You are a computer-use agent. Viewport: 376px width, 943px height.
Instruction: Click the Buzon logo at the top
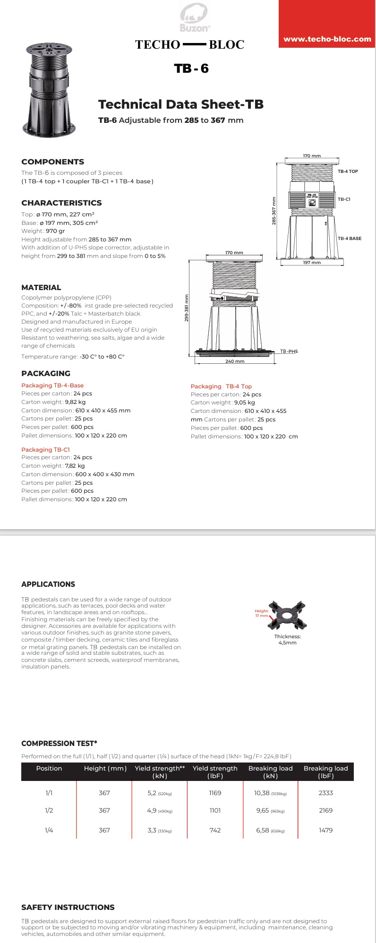[194, 17]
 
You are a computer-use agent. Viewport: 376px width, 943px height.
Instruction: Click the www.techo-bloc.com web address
[327, 39]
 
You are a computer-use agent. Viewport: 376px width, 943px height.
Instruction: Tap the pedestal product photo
[49, 90]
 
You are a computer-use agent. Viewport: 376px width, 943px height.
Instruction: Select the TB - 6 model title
[191, 69]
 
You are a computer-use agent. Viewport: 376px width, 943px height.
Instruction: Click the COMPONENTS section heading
[52, 162]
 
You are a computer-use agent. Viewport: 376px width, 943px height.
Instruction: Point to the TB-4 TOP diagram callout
[348, 171]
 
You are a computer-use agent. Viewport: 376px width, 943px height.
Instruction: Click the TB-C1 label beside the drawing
[344, 199]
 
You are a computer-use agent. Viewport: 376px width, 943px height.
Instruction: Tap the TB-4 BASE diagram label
[349, 239]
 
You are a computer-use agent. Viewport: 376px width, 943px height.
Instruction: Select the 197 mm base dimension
[312, 263]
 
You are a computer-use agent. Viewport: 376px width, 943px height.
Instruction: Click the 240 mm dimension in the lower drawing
[235, 361]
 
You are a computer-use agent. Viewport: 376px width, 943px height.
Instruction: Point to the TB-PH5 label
[289, 351]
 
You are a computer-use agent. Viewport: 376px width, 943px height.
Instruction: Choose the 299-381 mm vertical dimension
[186, 308]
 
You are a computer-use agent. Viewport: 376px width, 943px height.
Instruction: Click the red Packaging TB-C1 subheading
[45, 450]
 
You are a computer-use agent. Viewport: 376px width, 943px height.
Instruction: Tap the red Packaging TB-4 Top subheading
[221, 386]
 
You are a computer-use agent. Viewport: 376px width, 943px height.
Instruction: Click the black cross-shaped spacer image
[287, 616]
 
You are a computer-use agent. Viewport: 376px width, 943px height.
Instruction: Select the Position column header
[49, 769]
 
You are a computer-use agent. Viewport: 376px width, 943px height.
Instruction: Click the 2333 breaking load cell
[325, 793]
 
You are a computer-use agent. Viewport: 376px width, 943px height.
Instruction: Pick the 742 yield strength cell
[215, 830]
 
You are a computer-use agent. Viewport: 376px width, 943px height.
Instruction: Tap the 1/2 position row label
[49, 811]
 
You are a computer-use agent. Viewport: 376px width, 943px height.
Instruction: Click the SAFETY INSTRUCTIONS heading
[68, 908]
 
